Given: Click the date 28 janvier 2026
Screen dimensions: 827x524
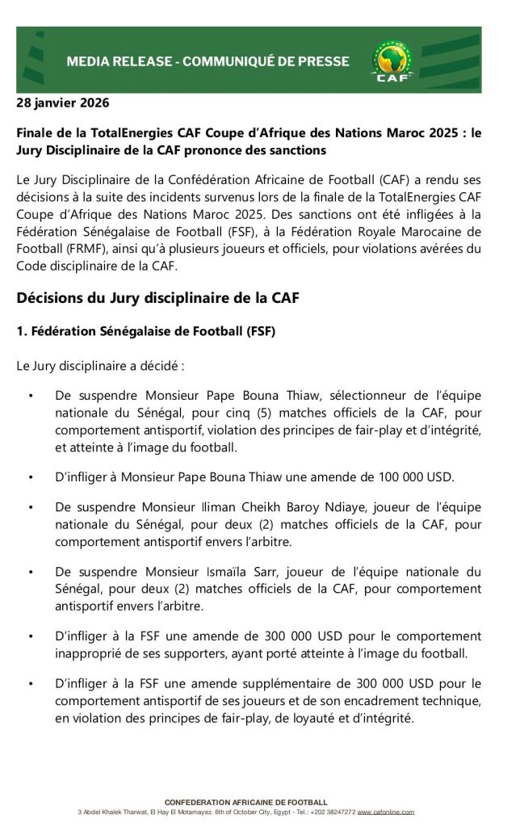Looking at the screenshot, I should point(63,103).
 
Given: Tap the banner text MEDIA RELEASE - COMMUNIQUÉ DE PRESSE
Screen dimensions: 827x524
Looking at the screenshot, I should point(208,61).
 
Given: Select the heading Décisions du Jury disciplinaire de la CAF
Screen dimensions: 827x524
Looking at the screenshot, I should point(158,298).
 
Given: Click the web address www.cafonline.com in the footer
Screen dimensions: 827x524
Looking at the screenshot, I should point(385,812).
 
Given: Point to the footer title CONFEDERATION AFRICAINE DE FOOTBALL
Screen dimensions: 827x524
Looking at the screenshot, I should point(245,802).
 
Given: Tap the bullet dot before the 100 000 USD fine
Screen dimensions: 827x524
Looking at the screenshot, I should point(30,476).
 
